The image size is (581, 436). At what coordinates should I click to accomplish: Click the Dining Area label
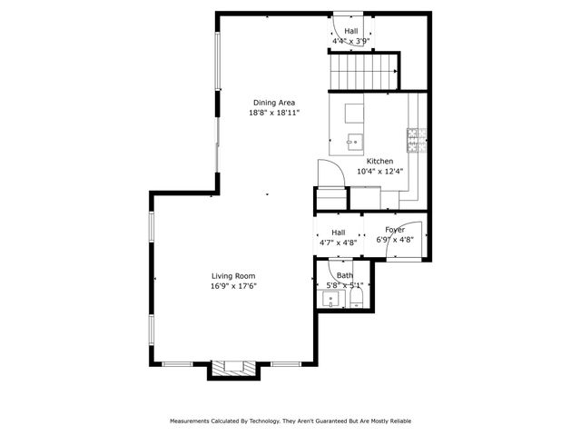[x=273, y=103]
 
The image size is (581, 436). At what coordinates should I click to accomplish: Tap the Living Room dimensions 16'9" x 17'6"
[x=233, y=286]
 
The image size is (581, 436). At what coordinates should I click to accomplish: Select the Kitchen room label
[x=379, y=161]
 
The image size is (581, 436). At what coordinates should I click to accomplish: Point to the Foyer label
[x=394, y=230]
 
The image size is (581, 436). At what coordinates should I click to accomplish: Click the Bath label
[x=345, y=275]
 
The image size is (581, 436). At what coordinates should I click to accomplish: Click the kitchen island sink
[x=355, y=141]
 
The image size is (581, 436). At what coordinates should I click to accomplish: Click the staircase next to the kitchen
[x=363, y=70]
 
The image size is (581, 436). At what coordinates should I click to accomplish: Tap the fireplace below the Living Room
[x=233, y=368]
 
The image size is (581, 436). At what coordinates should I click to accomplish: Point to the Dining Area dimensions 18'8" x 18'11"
[x=274, y=114]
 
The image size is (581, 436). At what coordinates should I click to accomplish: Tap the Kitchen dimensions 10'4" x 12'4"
[x=379, y=171]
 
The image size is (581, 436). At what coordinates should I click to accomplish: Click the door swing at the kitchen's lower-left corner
[x=326, y=173]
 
